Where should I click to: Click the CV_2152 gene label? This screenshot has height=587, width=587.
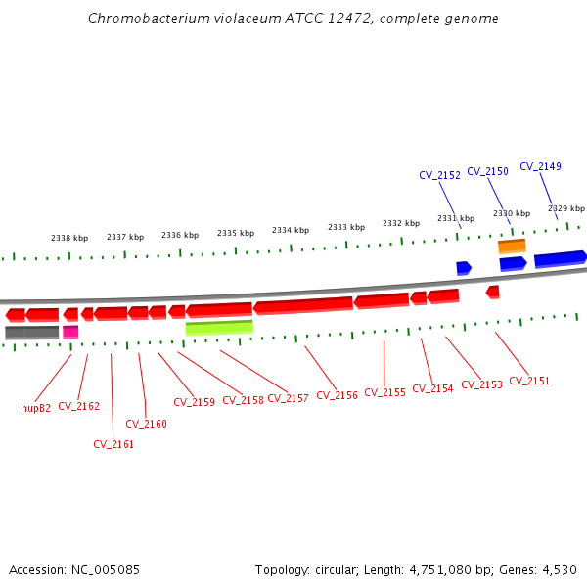[439, 176]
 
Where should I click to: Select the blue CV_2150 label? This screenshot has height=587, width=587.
[487, 171]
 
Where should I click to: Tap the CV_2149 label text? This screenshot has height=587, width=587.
[540, 166]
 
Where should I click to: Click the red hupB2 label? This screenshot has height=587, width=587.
[36, 408]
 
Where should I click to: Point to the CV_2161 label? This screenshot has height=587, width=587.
[113, 444]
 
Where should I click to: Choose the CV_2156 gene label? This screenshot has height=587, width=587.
[337, 395]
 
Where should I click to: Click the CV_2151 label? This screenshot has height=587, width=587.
[529, 381]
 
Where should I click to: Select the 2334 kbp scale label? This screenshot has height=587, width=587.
[291, 230]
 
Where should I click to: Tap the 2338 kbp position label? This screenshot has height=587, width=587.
[69, 238]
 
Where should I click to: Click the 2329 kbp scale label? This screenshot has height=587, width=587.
[565, 208]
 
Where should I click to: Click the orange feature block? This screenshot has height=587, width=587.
[512, 247]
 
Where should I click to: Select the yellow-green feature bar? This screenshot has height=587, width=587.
[219, 328]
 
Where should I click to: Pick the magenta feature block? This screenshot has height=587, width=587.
[70, 332]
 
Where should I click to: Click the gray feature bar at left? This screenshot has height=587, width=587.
[31, 333]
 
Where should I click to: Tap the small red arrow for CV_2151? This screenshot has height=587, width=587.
[493, 292]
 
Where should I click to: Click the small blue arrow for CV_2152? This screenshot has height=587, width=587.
[464, 267]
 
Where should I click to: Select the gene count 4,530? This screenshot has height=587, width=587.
[559, 569]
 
